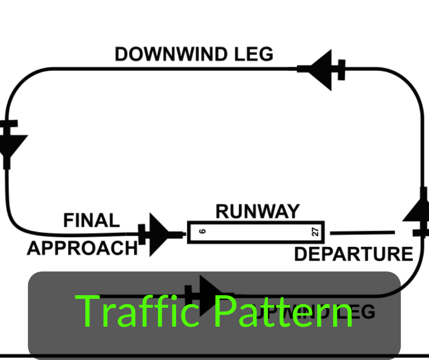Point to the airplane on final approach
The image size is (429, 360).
click(x=157, y=234)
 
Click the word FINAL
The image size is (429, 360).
click(x=91, y=221)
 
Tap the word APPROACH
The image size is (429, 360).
click(x=82, y=248)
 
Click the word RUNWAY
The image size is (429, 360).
click(x=257, y=212)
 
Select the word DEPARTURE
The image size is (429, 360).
click(x=353, y=254)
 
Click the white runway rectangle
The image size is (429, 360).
click(x=256, y=232)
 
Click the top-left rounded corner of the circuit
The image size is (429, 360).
click(x=18, y=82)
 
